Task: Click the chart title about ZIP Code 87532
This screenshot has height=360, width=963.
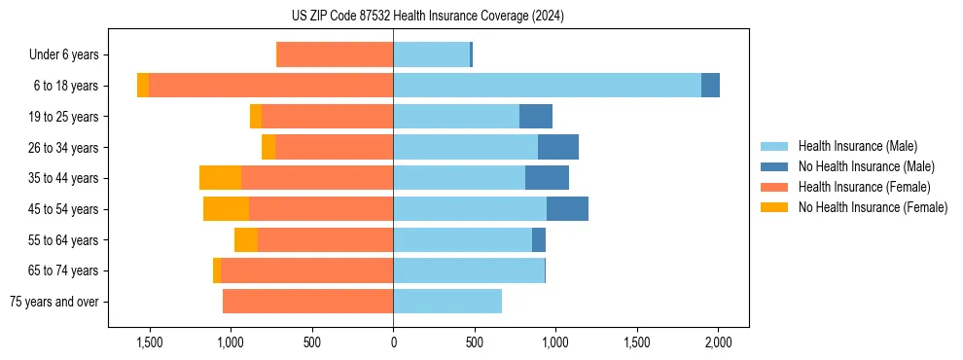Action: [x=481, y=16]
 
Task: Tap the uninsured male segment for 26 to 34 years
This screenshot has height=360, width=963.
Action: [x=557, y=147]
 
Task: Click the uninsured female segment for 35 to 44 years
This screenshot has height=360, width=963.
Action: [x=220, y=178]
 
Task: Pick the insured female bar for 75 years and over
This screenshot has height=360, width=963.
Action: [x=307, y=302]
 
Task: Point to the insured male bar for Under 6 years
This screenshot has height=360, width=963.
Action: [x=431, y=54]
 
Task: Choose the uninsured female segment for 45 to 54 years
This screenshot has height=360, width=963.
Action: [x=226, y=209]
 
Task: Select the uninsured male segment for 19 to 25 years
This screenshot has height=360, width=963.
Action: [x=535, y=117]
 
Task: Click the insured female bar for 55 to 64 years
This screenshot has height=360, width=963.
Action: [x=325, y=240]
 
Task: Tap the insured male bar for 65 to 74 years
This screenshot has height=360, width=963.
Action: [x=468, y=270]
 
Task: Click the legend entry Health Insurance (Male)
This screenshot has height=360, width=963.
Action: [x=857, y=146]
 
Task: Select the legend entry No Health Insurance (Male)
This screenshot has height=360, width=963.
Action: [x=866, y=166]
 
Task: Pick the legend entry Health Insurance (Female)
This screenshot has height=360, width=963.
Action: [x=864, y=187]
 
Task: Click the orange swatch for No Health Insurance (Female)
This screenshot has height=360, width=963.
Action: [x=774, y=207]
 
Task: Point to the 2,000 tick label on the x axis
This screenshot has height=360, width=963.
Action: [x=718, y=342]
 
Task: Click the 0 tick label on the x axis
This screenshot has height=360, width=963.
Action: [x=393, y=342]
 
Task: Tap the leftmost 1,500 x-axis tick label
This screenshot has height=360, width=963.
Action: [x=150, y=342]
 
